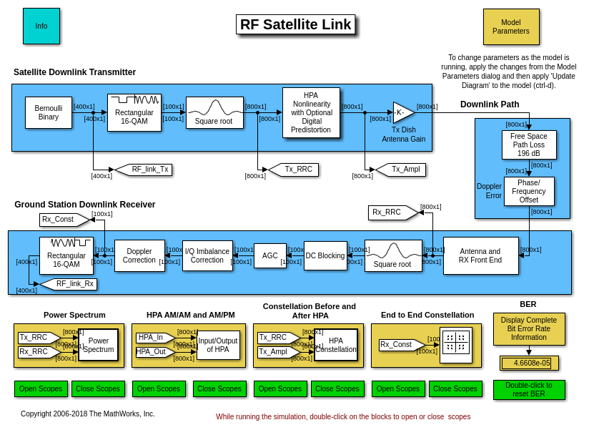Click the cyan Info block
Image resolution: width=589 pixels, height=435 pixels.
point(41,26)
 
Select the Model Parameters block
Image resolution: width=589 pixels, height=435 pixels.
point(511,26)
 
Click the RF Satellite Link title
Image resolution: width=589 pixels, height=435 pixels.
point(295,24)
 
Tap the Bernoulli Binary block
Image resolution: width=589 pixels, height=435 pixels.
point(49,113)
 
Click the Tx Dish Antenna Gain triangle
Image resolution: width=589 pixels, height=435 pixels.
point(402,112)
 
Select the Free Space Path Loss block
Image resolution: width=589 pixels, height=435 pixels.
point(529,145)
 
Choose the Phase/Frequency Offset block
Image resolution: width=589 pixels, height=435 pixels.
point(529,191)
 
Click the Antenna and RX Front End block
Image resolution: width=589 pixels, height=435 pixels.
point(480,255)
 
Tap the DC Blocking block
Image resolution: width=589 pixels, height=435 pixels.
point(325,255)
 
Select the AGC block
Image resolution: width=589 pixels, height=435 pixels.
point(270,255)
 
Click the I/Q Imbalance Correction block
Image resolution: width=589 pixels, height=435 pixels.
point(207,255)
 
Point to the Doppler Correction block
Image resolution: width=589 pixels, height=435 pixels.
point(139,255)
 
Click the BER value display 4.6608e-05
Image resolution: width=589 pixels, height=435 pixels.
point(529,363)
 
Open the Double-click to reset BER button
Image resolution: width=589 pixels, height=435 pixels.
point(529,389)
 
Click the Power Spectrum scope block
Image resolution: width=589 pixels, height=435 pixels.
point(98,345)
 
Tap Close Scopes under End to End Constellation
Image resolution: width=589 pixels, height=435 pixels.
point(455,388)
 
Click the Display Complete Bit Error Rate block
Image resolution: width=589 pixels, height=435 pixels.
point(529,329)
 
